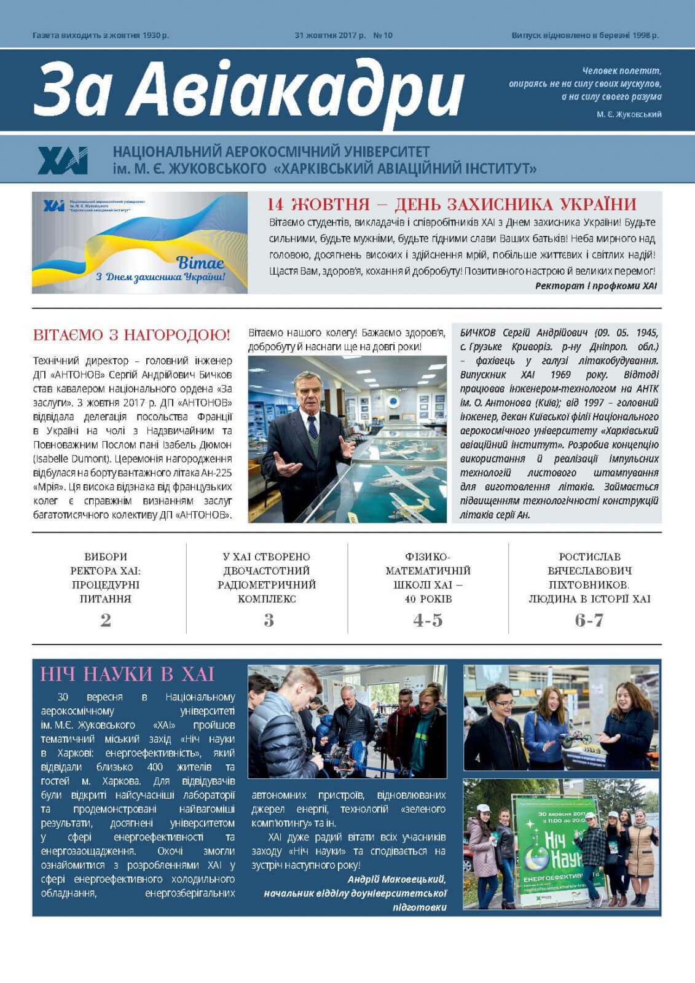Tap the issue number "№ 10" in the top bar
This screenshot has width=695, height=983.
pos(383,35)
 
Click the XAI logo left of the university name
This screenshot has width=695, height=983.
pos(63,160)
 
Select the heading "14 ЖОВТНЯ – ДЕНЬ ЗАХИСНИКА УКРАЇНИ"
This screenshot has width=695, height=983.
pos(452,204)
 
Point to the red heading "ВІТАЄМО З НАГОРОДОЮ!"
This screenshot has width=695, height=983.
pos(132,335)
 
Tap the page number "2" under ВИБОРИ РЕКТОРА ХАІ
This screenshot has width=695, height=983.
pos(106,620)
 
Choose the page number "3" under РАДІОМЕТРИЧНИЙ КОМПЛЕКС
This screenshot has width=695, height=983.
pos(269,620)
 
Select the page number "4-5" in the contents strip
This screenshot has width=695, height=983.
pos(428,620)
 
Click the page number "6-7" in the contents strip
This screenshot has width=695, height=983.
pos(589,620)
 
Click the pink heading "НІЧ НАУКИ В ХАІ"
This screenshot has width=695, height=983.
pos(127,674)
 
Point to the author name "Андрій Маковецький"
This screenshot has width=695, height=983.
pos(396,879)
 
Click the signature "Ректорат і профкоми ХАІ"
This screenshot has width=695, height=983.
pos(595,286)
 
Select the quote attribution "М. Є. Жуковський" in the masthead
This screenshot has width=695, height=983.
pos(629,114)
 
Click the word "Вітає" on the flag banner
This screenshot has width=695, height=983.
pos(200,263)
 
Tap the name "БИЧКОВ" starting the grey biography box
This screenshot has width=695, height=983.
pos(477,332)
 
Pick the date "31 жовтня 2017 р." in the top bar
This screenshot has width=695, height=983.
pos(330,35)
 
